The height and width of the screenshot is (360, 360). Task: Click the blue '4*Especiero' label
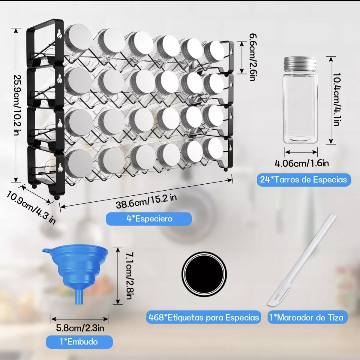pyautogui.click(x=148, y=218)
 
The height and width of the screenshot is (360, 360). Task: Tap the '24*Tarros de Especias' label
pyautogui.click(x=304, y=179)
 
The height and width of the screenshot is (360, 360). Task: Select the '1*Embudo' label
pyautogui.click(x=79, y=342)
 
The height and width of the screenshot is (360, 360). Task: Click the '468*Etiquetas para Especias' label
pyautogui.click(x=204, y=317)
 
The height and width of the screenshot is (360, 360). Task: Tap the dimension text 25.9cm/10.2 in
pyautogui.click(x=16, y=105)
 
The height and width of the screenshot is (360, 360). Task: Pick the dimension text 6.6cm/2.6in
pyautogui.click(x=253, y=57)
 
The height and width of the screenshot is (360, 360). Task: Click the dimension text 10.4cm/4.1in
pyautogui.click(x=336, y=99)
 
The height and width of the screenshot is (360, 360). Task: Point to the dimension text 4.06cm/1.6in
pyautogui.click(x=302, y=163)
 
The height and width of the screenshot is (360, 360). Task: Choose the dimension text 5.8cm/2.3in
pyautogui.click(x=80, y=328)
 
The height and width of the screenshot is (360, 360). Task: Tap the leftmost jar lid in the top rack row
pyautogui.click(x=78, y=38)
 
